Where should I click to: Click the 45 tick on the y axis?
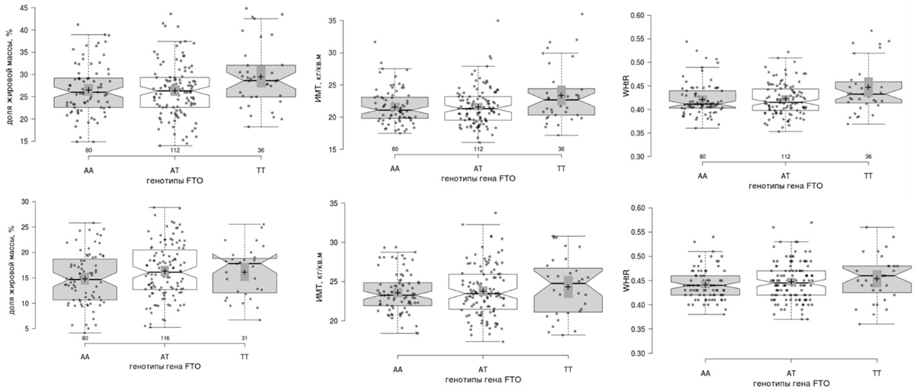[23, 8]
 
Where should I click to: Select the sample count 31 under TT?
[244, 337]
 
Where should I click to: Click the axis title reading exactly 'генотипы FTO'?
[174, 182]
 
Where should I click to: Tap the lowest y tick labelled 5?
[24, 328]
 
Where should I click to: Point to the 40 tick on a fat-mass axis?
[23, 30]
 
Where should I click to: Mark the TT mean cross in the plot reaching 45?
[261, 76]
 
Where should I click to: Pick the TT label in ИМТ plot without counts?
[568, 370]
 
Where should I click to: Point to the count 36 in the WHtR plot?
[868, 156]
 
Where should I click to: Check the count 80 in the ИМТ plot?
[395, 150]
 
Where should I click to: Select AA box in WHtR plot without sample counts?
[705, 285]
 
